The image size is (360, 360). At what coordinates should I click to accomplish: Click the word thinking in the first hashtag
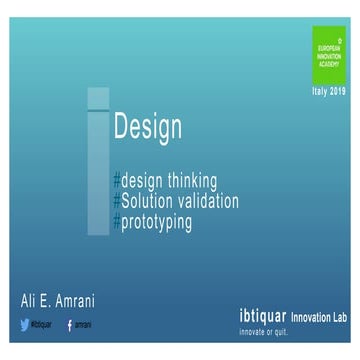(x=189, y=180)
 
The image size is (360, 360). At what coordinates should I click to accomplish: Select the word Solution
(x=150, y=200)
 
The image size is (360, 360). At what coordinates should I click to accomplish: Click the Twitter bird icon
(x=25, y=324)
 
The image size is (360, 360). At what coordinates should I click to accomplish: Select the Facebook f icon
(x=69, y=324)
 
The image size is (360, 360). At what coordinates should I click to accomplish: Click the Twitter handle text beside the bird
(x=42, y=324)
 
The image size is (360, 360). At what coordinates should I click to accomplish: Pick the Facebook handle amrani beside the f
(x=82, y=324)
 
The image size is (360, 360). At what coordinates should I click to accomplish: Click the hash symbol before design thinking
(x=117, y=180)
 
